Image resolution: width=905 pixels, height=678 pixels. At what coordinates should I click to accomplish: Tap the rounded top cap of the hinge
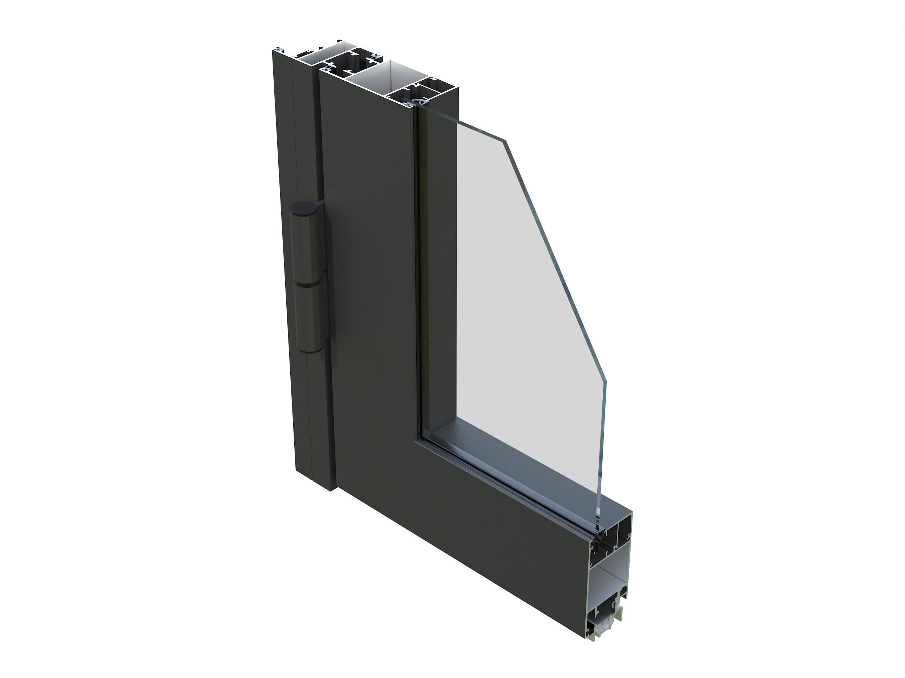tap(303, 208)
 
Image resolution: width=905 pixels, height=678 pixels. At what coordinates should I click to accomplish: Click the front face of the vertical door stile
tap(368, 286)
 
